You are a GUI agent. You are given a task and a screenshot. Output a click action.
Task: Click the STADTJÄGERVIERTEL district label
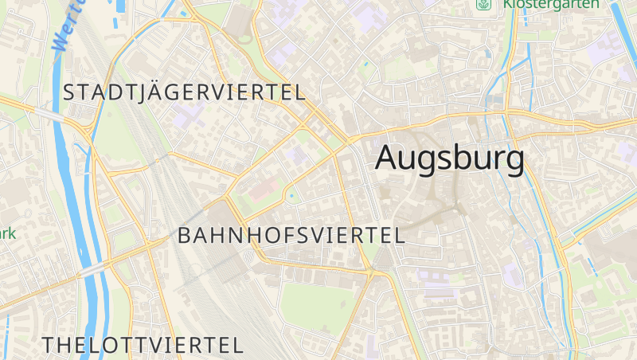click(x=183, y=92)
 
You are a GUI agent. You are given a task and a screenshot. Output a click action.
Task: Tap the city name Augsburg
click(x=450, y=158)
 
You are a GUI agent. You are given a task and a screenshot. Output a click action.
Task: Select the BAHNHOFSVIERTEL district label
click(x=291, y=236)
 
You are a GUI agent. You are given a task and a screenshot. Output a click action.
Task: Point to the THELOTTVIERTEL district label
click(x=143, y=346)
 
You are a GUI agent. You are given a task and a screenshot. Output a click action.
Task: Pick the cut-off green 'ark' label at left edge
click(x=7, y=233)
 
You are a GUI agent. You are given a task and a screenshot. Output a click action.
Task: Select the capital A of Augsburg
click(x=388, y=158)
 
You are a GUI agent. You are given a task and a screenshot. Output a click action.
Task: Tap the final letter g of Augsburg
click(x=513, y=161)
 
